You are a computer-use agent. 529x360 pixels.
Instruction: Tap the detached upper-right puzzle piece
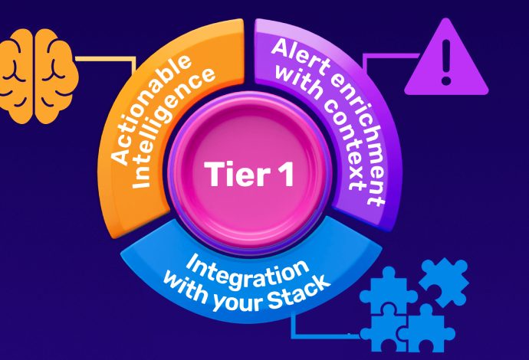pyautogui.click(x=443, y=280)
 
